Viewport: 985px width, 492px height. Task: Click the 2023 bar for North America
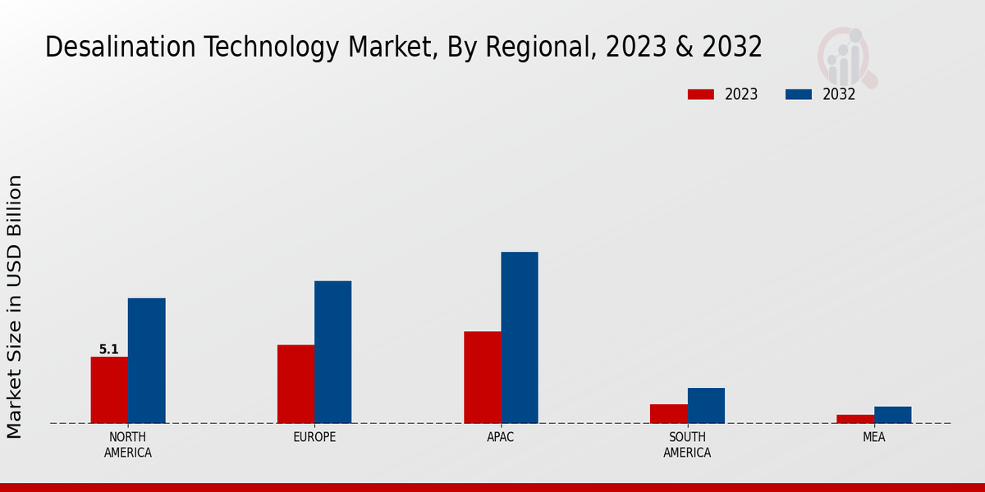pyautogui.click(x=109, y=390)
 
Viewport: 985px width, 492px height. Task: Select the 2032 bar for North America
pyautogui.click(x=146, y=361)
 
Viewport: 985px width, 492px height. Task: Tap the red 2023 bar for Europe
pyautogui.click(x=295, y=384)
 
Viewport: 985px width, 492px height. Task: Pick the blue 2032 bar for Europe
pyautogui.click(x=332, y=353)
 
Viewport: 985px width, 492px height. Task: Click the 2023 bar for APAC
pyautogui.click(x=482, y=377)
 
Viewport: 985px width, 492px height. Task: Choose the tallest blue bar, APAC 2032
pyautogui.click(x=520, y=338)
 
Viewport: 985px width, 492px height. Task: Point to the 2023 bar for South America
pyautogui.click(x=669, y=413)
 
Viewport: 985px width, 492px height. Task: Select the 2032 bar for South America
pyautogui.click(x=706, y=406)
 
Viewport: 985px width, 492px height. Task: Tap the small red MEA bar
pyautogui.click(x=855, y=419)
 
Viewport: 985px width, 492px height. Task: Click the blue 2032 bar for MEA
pyautogui.click(x=892, y=415)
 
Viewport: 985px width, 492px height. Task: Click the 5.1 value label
pyautogui.click(x=109, y=349)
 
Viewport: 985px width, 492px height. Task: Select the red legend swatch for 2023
pyautogui.click(x=700, y=94)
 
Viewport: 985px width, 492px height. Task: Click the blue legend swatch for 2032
pyautogui.click(x=798, y=94)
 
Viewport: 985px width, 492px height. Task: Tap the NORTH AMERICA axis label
pyautogui.click(x=128, y=444)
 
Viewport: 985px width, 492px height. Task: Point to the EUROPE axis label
pyautogui.click(x=314, y=437)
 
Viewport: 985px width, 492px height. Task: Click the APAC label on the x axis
pyautogui.click(x=501, y=437)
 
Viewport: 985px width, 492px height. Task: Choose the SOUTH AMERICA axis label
pyautogui.click(x=687, y=444)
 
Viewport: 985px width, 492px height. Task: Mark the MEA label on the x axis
pyautogui.click(x=873, y=437)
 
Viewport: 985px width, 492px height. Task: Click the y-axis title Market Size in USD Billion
pyautogui.click(x=15, y=306)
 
